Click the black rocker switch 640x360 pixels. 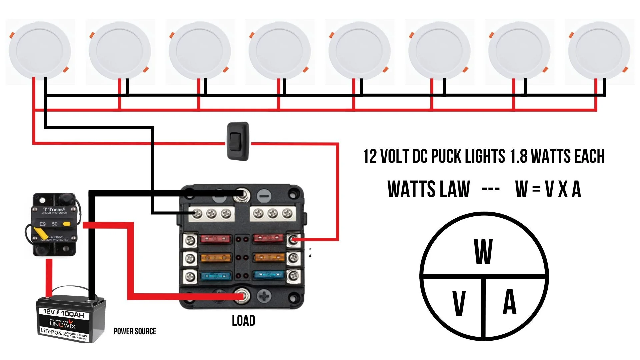point(238,141)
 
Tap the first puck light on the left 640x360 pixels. point(39,51)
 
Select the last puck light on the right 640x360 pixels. point(599,51)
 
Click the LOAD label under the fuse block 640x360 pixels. point(243,321)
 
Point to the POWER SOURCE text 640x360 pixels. point(135,331)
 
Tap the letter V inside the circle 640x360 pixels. point(459,303)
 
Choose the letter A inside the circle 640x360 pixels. point(509,302)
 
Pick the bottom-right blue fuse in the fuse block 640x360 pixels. point(269,275)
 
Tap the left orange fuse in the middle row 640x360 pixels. point(215,258)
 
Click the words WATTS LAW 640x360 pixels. point(428,189)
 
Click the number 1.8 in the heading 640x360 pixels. point(518,156)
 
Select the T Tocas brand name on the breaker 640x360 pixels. point(54,209)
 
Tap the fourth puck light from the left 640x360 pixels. point(279,51)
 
